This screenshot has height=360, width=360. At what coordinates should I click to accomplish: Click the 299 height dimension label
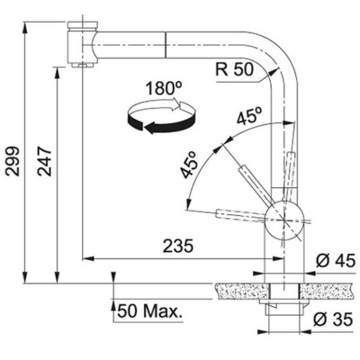tap(13, 161)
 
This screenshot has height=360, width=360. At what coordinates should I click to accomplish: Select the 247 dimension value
tap(44, 161)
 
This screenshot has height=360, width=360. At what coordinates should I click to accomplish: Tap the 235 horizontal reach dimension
tap(178, 247)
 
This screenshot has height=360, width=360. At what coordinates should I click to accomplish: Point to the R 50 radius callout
tap(235, 69)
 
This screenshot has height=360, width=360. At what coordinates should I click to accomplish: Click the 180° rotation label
tap(164, 88)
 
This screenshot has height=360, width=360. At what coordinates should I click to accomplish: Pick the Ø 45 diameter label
tap(336, 260)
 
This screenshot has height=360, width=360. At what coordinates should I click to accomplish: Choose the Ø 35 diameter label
tap(333, 319)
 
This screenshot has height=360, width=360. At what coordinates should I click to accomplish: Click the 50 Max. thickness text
tap(150, 311)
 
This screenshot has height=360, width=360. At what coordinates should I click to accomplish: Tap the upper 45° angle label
tap(249, 116)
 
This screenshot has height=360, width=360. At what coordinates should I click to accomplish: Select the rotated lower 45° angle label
tap(190, 165)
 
